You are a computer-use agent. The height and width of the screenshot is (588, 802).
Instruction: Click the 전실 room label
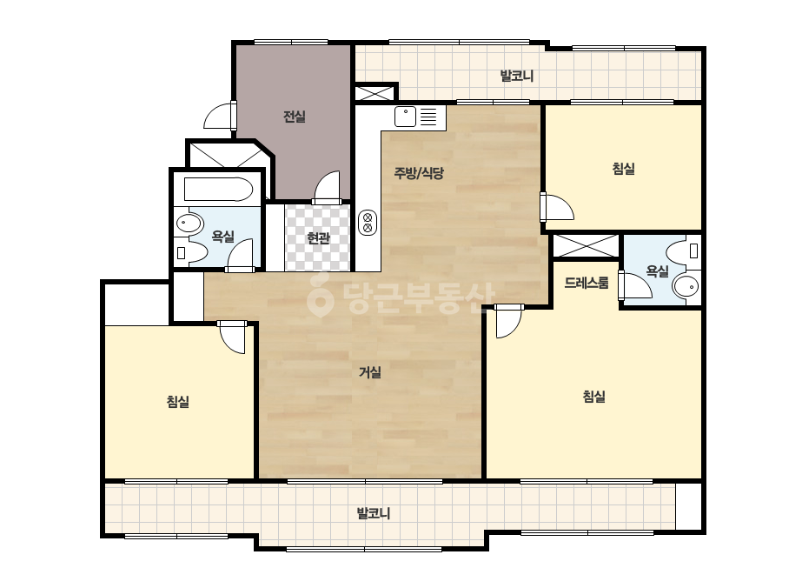294,117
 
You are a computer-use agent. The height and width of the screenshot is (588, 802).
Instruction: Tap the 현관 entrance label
318,238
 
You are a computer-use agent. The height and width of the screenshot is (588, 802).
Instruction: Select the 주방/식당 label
419,173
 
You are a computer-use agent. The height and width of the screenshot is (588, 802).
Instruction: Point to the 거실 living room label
370,372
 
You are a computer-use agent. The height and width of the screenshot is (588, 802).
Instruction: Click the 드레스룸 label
587,282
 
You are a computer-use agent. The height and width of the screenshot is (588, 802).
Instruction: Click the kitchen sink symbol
405,117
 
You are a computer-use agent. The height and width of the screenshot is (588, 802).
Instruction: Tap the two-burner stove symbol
368,223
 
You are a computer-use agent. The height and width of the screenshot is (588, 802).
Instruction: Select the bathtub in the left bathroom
218,189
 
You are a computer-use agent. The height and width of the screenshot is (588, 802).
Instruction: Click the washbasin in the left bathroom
189,223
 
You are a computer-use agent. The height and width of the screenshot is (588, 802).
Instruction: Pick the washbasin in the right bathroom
686,286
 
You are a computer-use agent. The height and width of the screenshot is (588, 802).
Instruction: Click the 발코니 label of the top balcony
517,77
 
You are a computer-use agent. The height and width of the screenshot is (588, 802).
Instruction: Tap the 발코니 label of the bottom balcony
374,513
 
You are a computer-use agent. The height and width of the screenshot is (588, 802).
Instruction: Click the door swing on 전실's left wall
220,115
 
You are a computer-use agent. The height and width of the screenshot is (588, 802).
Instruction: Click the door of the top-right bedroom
557,207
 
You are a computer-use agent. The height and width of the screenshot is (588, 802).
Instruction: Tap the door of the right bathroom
635,285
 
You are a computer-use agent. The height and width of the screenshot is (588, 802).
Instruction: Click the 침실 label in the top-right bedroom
624,169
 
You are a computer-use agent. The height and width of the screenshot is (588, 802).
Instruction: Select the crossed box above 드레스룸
587,246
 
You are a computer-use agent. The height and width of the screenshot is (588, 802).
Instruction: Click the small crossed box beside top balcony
375,92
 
